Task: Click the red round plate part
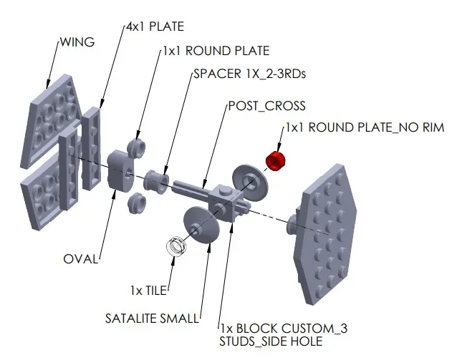click(275, 161)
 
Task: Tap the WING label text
click(77, 42)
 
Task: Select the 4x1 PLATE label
click(155, 26)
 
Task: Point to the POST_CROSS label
click(267, 106)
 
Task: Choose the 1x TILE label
click(148, 291)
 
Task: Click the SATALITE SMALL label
click(152, 318)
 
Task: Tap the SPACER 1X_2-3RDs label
click(249, 74)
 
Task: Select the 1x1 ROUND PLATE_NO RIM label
click(365, 127)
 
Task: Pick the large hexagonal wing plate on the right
click(325, 235)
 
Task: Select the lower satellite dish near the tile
click(201, 225)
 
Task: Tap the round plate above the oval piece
click(137, 148)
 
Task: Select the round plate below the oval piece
click(137, 203)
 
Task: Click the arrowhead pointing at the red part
click(279, 147)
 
